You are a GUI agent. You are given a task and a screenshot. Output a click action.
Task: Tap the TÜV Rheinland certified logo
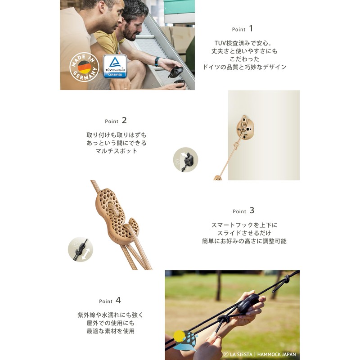click(x=115, y=66)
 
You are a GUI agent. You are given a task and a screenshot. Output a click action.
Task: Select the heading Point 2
click(x=116, y=121)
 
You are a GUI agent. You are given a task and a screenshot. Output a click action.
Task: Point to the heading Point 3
click(x=243, y=211)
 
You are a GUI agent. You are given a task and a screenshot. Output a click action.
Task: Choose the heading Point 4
click(x=110, y=301)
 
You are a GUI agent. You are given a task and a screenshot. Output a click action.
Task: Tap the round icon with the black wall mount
click(x=185, y=160)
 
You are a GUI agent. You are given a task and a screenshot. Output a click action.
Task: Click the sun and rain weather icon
click(x=185, y=341)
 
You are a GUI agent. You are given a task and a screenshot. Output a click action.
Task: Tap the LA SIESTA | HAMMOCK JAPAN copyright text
click(x=260, y=354)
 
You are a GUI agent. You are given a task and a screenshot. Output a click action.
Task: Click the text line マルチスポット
click(x=116, y=151)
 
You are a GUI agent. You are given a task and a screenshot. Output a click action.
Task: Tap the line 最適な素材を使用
click(x=110, y=331)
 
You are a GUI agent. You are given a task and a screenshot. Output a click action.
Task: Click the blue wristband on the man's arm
click(x=157, y=62)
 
